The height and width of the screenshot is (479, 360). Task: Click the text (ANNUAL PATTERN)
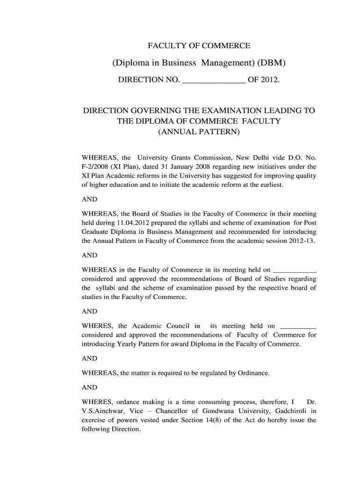coord(199,132)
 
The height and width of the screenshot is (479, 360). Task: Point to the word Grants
coord(183,157)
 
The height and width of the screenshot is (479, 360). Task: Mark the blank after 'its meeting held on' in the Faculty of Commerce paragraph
coord(294,270)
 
